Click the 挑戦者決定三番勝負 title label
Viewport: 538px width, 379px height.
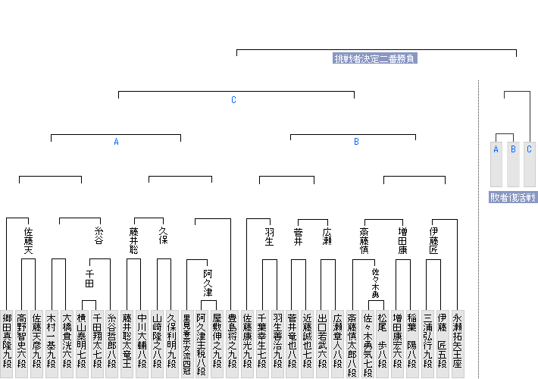(x=375, y=58)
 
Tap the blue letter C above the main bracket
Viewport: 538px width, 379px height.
(x=234, y=100)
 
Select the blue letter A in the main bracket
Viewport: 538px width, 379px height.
(x=116, y=142)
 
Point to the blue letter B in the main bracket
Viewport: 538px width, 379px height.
(x=356, y=142)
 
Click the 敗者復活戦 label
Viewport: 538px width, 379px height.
(x=512, y=197)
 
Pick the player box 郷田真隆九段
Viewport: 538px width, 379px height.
(x=7, y=341)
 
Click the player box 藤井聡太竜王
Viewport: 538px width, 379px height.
(x=127, y=341)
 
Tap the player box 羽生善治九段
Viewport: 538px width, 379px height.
(x=277, y=341)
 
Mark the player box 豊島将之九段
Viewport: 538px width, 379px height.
(x=232, y=341)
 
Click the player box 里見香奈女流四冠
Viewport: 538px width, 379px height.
(x=186, y=341)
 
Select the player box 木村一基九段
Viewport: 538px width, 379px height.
(x=52, y=341)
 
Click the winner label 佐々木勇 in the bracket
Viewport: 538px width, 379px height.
(x=376, y=283)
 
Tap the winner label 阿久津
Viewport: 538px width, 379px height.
(x=207, y=283)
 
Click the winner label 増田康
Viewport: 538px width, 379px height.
(x=404, y=240)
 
